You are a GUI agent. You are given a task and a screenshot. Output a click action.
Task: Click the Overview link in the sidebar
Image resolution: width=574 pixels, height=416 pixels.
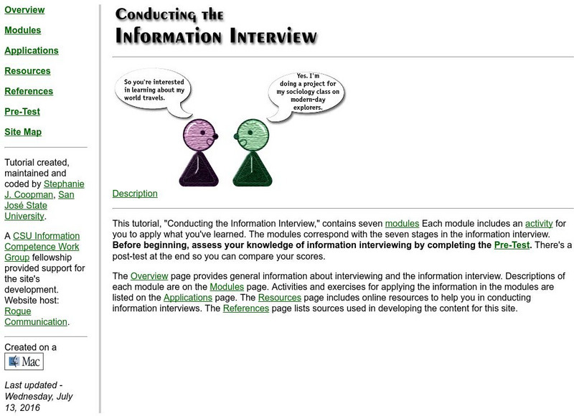[x=24, y=10]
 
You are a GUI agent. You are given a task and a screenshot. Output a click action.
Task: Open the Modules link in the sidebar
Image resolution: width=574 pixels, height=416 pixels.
[x=22, y=31]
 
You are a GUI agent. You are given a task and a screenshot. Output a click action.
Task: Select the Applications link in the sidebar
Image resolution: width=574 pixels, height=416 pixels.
[x=32, y=51]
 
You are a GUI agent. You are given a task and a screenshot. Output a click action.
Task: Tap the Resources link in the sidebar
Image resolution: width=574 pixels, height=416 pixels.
[x=27, y=71]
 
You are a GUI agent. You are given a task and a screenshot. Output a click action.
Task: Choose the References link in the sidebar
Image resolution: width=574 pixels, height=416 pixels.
[x=29, y=91]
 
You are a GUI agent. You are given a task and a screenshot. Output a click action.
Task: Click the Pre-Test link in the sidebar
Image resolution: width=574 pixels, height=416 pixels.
[x=22, y=111]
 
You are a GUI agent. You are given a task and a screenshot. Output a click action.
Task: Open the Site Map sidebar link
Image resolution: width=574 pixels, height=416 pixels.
[x=23, y=132]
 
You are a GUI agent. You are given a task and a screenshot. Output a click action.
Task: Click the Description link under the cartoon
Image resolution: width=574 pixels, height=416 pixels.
[x=135, y=194]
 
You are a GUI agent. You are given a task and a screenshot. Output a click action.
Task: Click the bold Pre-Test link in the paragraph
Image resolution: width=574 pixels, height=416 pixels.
[x=512, y=245]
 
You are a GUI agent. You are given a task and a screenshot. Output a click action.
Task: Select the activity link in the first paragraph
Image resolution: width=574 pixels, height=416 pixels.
[x=539, y=224]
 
